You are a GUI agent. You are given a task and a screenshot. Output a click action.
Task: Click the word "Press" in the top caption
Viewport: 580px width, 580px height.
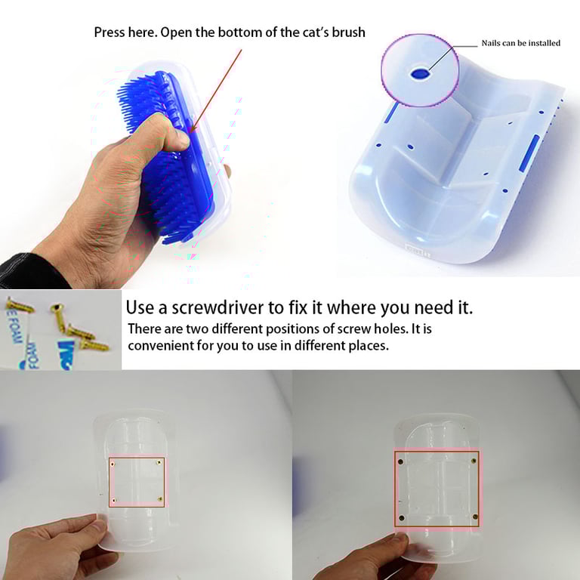tap(110, 32)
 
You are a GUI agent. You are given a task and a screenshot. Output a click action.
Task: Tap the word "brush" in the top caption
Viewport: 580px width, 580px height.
tap(348, 32)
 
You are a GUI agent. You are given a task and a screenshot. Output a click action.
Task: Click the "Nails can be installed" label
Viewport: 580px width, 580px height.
tap(520, 43)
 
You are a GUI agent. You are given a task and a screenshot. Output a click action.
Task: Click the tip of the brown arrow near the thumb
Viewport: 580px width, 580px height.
tap(190, 133)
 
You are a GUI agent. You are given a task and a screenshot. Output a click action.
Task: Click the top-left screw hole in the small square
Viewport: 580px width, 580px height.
tap(113, 464)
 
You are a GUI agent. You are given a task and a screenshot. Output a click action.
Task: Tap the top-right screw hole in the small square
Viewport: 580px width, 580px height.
tap(159, 462)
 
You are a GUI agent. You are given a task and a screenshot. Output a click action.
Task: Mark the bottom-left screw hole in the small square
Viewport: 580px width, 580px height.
tap(114, 501)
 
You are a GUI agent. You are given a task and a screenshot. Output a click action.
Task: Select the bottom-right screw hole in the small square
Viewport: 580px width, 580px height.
tap(160, 499)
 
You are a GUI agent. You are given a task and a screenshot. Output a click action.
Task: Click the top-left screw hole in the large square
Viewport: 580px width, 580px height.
tap(400, 461)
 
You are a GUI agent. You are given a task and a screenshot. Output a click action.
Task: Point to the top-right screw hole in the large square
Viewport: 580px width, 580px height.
tap(474, 461)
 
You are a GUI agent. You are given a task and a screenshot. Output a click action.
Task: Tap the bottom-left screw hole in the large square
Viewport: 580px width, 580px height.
tap(402, 517)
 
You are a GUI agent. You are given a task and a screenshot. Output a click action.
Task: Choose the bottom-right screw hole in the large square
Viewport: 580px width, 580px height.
tap(475, 517)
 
